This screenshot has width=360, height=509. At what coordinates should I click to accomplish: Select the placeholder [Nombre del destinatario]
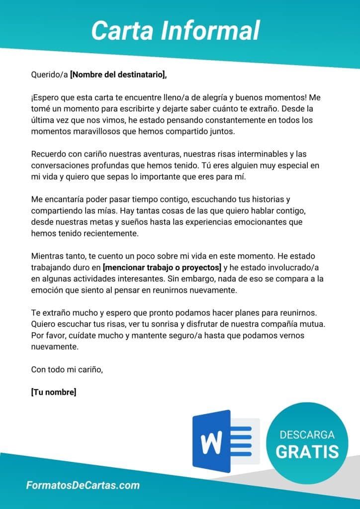pos(118,75)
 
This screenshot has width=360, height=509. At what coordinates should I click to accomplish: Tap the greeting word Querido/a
pos(49,75)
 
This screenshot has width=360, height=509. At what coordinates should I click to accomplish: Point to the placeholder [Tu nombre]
pos(54,392)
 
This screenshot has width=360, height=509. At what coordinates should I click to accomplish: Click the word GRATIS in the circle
pos(307,451)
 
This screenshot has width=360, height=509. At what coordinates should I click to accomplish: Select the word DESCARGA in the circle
pos(307,435)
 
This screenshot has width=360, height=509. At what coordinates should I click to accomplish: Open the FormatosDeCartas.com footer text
pos(83,486)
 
